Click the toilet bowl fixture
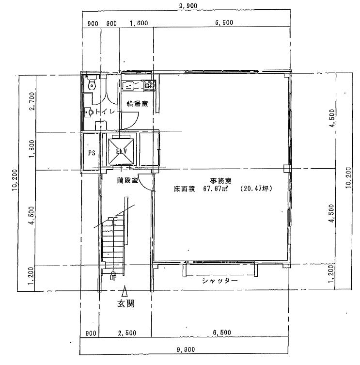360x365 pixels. coord(92,83)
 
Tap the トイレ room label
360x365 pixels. coord(106,111)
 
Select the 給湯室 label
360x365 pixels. coord(137,104)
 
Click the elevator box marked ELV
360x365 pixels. coord(121,151)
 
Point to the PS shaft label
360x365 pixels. coord(92,153)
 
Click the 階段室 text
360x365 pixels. coord(127,180)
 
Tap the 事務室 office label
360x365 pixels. coord(220,181)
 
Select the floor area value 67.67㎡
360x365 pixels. coord(215,189)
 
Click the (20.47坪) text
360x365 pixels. coord(256,189)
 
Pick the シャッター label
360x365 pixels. coord(220,281)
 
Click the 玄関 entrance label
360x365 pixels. coord(125,303)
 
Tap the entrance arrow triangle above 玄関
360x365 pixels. coord(125,291)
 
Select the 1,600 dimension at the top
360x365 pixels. coord(139,23)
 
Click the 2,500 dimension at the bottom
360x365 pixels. coord(127,333)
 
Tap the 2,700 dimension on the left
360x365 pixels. coord(32,101)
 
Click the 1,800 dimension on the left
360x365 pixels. coord(32,148)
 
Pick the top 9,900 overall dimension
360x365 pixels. coord(188,6)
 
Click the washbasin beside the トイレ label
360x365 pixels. coord(89,112)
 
